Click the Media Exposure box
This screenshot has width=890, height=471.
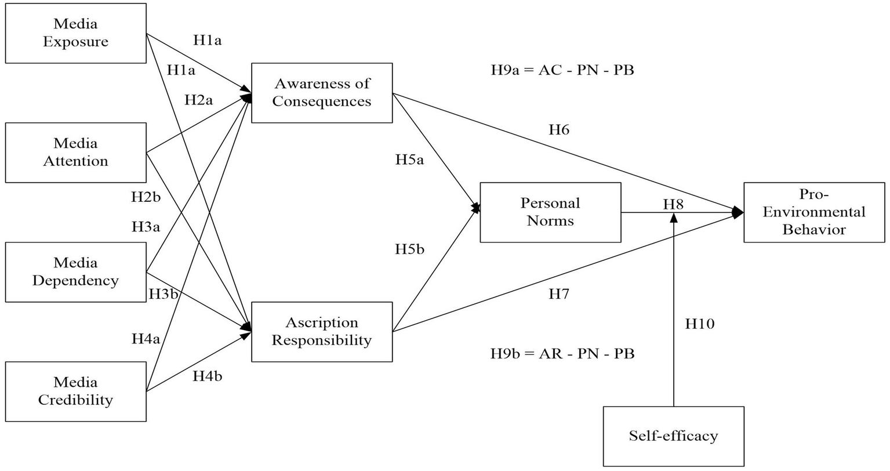tap(76, 33)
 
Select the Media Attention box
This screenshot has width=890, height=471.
tap(76, 153)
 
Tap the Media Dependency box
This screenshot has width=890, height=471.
tap(76, 272)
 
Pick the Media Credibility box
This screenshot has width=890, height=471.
tap(76, 392)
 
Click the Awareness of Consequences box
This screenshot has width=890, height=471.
tap(322, 93)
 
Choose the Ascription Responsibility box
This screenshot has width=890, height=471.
tap(322, 332)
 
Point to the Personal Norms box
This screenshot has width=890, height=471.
tap(550, 212)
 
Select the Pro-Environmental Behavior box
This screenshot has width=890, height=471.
tap(814, 212)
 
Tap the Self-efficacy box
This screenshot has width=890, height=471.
tap(673, 436)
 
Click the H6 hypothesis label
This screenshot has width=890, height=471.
tap(559, 130)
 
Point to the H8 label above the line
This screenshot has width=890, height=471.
tap(673, 204)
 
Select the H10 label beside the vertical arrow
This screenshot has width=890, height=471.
tap(700, 324)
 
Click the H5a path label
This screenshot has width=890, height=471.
tap(409, 160)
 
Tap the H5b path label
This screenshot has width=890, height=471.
tap(409, 249)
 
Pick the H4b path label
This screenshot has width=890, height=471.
tap(208, 376)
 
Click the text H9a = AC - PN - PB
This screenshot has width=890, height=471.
tap(562, 71)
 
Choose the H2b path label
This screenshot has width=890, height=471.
tap(146, 197)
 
